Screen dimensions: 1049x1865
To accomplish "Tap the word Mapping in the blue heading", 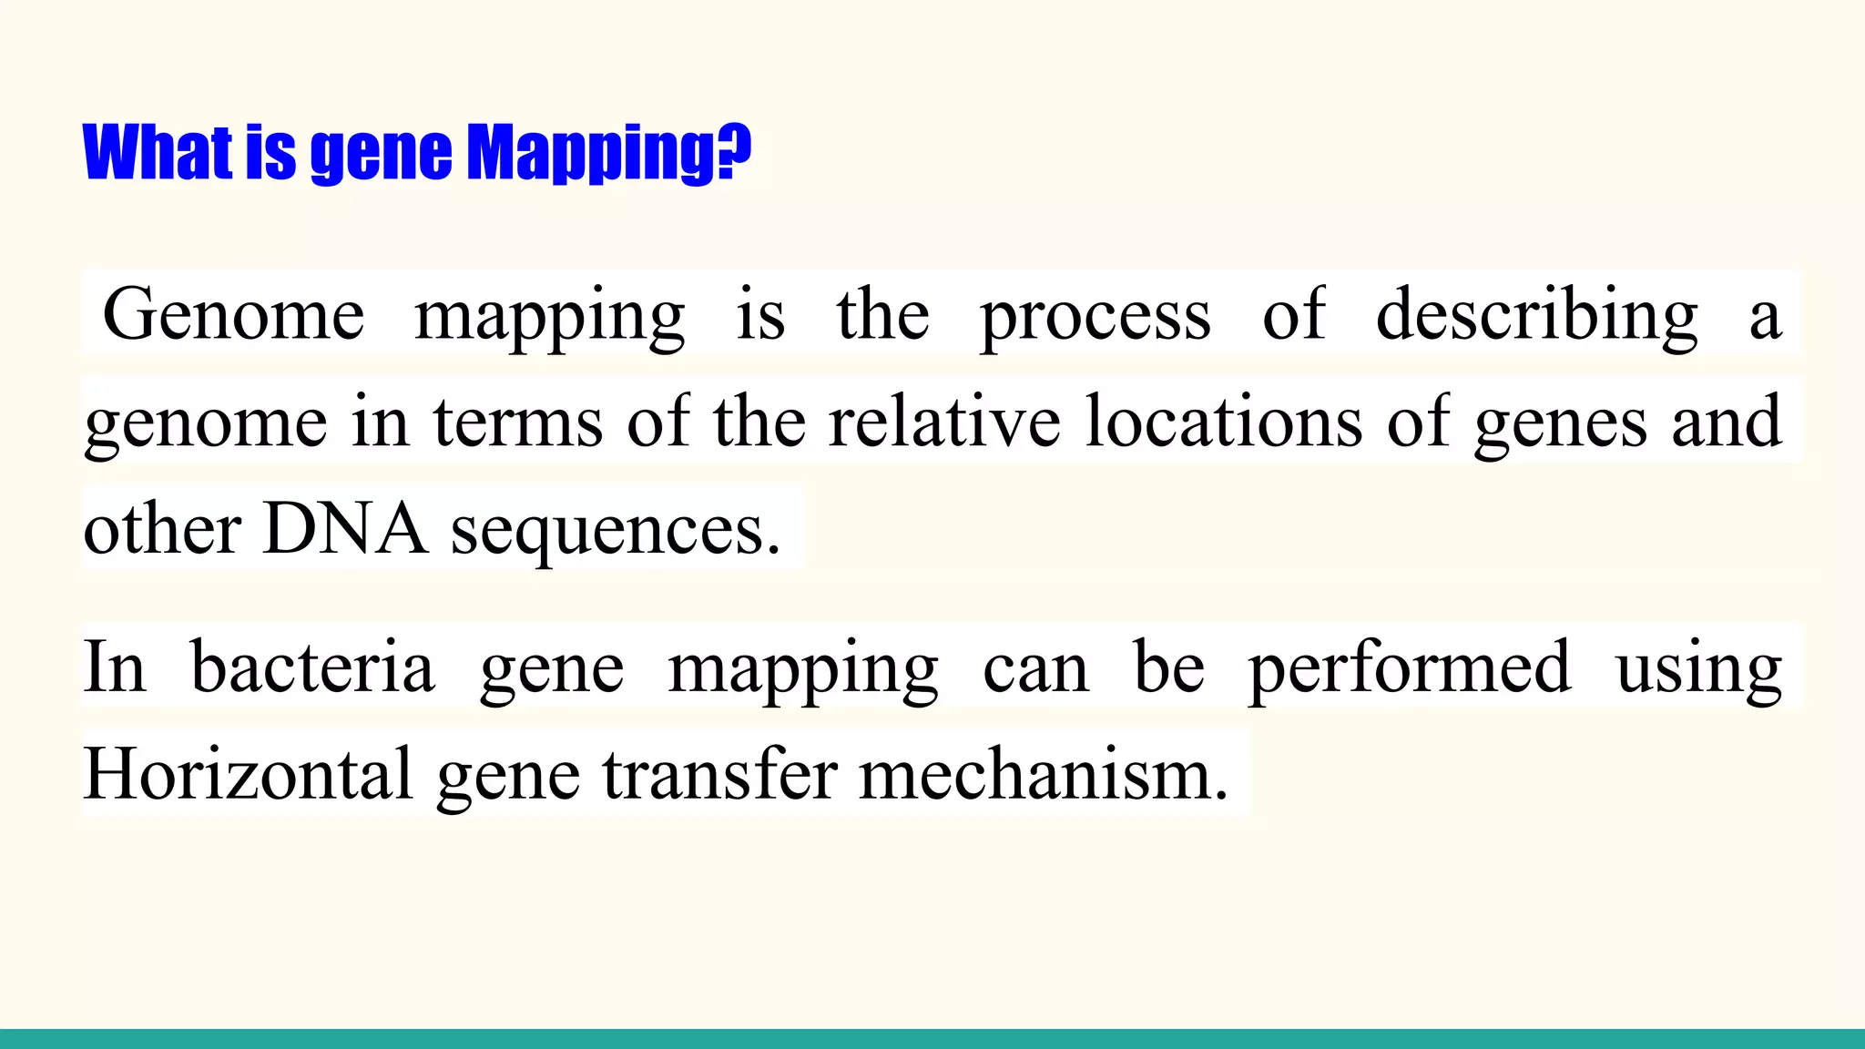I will (x=590, y=153).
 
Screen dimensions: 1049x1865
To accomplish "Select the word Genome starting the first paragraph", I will (x=234, y=315).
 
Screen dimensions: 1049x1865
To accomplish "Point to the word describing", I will (x=1536, y=315).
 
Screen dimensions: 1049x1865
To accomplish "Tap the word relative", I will (x=944, y=422).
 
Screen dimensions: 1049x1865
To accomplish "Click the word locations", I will (x=1224, y=422).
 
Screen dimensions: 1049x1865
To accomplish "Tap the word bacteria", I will (x=312, y=667).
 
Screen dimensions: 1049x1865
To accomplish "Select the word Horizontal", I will (x=249, y=774).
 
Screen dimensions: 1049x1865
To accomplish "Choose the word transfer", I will (x=719, y=774).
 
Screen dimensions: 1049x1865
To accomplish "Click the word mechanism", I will (x=1044, y=774).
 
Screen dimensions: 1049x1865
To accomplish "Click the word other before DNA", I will (x=162, y=529).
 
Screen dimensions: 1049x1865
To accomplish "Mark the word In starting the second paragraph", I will (x=114, y=667).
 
